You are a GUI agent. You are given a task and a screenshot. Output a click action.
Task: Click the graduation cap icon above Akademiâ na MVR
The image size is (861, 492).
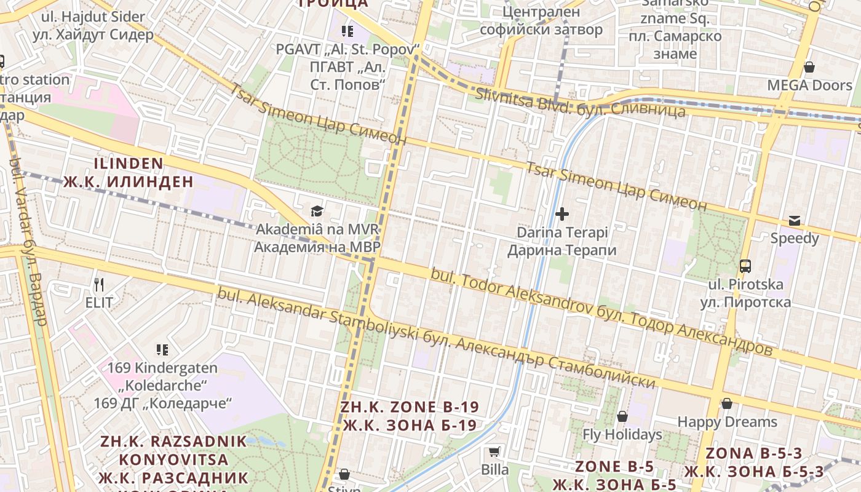point(317,211)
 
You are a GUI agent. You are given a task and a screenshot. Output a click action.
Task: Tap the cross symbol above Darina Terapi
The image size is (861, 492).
point(562,214)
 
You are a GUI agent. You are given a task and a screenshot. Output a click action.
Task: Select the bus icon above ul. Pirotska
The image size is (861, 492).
point(745,266)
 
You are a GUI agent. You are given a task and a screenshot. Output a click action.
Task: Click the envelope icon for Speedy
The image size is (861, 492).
point(795,220)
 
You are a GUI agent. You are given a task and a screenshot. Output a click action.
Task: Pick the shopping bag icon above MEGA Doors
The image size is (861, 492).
point(809,66)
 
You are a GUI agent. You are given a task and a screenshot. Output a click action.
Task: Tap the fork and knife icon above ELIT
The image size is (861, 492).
point(99,284)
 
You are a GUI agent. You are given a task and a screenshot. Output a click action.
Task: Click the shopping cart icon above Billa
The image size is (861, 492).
point(494,452)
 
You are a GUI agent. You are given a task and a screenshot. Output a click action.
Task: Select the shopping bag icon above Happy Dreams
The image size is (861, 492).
point(727,403)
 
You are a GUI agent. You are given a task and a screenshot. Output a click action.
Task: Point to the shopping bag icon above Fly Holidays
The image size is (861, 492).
point(622,416)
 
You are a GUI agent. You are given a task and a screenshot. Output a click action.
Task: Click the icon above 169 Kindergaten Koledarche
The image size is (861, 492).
point(162,350)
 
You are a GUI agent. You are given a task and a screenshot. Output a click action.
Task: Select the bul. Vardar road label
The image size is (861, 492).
point(29,240)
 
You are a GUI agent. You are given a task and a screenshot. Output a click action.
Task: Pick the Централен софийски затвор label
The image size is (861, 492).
point(541,20)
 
